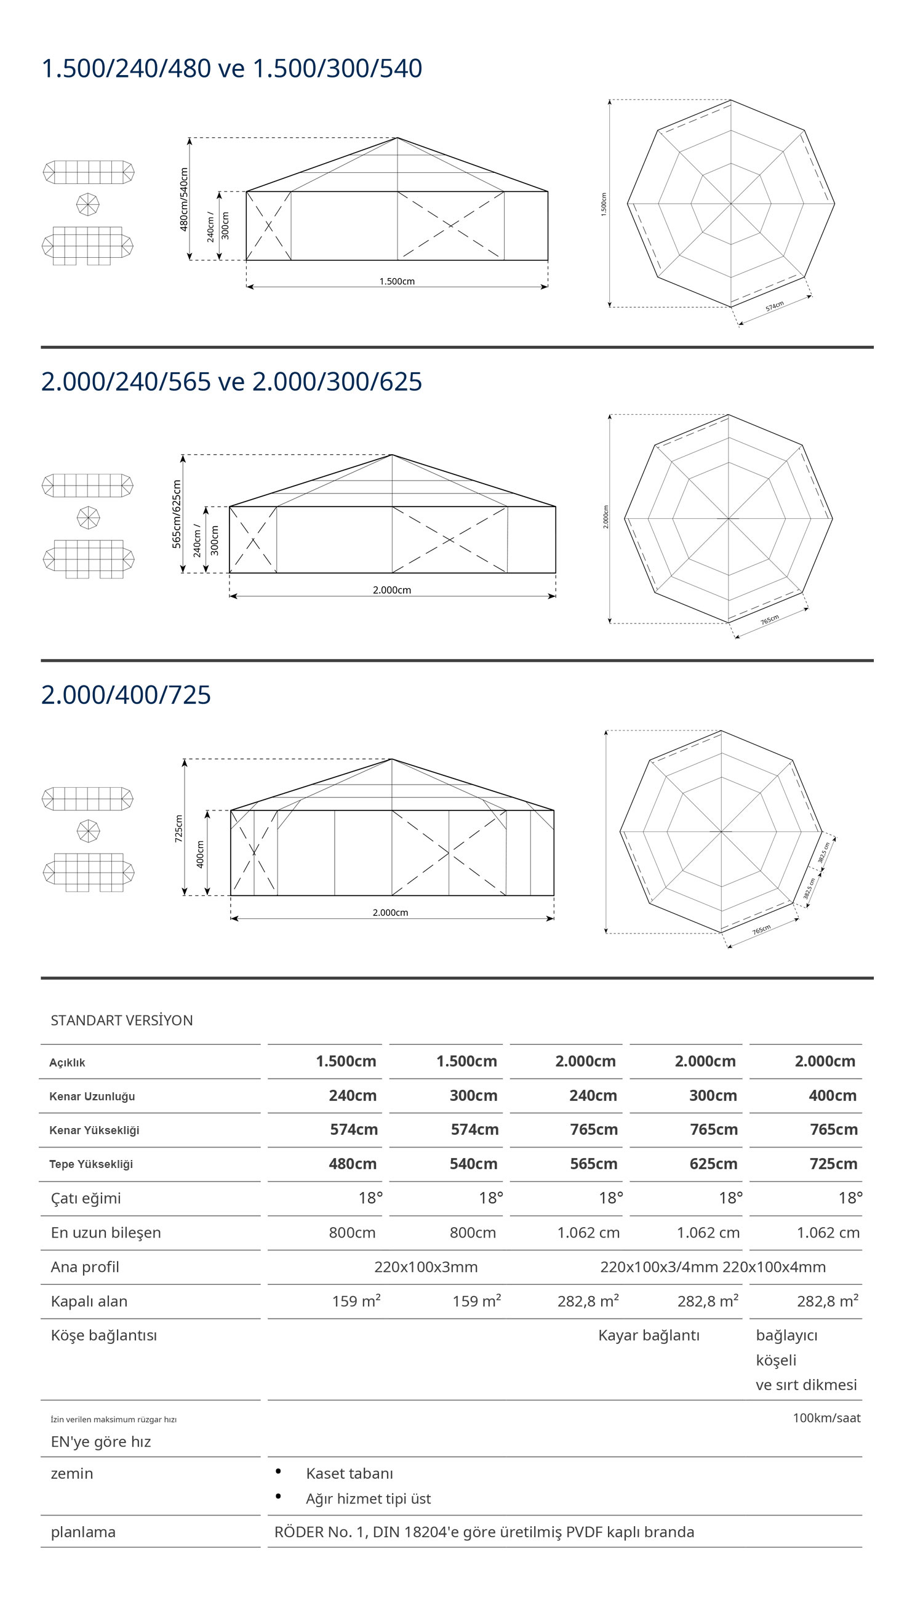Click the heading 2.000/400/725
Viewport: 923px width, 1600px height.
point(126,695)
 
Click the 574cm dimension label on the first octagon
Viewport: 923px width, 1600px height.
point(774,306)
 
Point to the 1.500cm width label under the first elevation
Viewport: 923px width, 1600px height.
point(397,281)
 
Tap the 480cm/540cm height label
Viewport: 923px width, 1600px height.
point(184,199)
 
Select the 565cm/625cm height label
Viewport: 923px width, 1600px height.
point(177,513)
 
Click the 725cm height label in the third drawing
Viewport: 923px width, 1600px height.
point(179,828)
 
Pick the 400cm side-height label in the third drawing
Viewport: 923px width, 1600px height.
point(201,854)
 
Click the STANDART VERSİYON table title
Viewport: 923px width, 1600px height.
point(122,1020)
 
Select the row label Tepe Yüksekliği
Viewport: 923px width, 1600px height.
point(90,1164)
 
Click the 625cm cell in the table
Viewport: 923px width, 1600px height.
point(713,1164)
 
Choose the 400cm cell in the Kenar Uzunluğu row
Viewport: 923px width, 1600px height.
point(833,1095)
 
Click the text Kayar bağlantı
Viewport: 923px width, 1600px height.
point(649,1335)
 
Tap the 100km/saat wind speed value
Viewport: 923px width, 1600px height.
point(826,1418)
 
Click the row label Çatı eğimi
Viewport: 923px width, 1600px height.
point(86,1198)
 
